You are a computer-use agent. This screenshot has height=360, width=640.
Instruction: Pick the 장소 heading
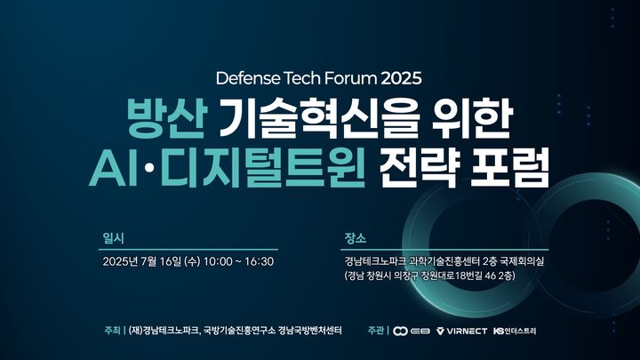click(355, 238)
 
